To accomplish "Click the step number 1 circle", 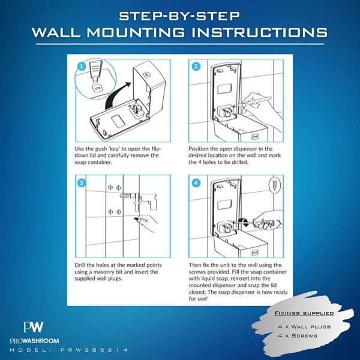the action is click(81, 67).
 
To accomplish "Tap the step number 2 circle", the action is click(196, 67).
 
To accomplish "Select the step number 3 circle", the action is click(81, 183).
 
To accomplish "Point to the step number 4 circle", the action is click(196, 183).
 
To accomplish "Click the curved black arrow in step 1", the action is click(115, 97).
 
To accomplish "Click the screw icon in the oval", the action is click(275, 185).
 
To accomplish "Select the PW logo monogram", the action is click(33, 327).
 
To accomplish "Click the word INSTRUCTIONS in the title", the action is click(259, 32).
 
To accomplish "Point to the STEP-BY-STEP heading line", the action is click(179, 16).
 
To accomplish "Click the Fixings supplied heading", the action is click(304, 313).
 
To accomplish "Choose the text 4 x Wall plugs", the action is click(304, 326).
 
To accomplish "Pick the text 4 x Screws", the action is click(298, 335).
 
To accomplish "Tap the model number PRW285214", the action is click(94, 350).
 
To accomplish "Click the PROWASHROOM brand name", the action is click(34, 341).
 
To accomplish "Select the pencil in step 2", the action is click(253, 101).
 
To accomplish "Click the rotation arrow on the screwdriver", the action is click(244, 222).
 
